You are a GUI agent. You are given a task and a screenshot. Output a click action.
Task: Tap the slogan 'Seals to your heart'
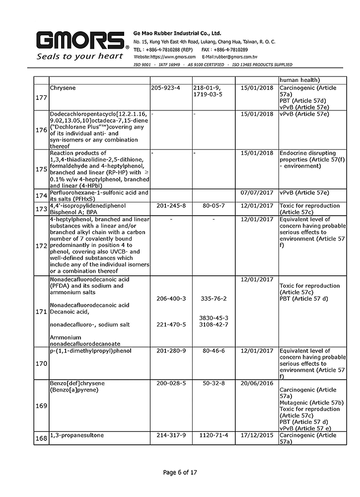pos(79,56)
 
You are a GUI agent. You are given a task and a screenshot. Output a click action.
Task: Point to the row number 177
pos(42,97)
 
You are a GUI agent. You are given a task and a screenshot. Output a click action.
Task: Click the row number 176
pos(42,130)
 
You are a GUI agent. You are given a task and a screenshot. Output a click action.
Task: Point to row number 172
pos(42,246)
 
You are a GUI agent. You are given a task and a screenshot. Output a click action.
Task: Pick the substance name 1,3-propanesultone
pos(77,435)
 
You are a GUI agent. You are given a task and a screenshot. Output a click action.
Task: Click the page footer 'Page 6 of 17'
pos(180,473)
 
